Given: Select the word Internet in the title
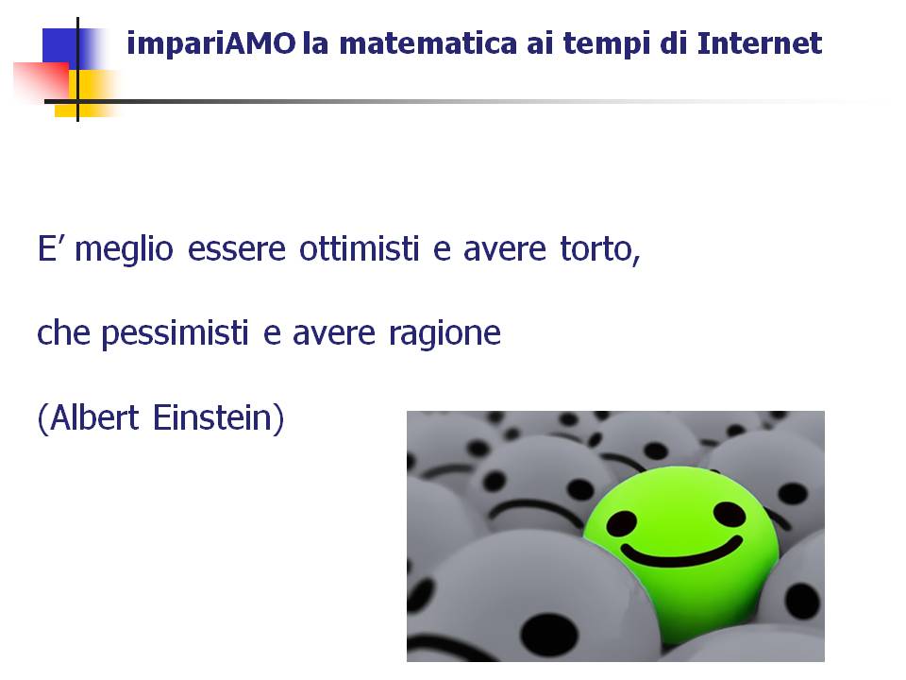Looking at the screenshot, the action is coord(760,43).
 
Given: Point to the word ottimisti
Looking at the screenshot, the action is coord(359,249).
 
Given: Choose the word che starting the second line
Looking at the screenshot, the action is coord(63,333).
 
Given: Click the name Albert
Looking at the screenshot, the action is coord(94,417).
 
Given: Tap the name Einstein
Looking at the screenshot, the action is coord(212,417).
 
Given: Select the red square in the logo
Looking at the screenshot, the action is coord(42,81).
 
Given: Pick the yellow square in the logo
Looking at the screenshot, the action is coord(87,93).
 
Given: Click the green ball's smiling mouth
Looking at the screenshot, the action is coord(681,552).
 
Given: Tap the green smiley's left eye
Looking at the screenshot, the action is coord(622,524).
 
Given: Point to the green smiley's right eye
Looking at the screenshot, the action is coord(730,514).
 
